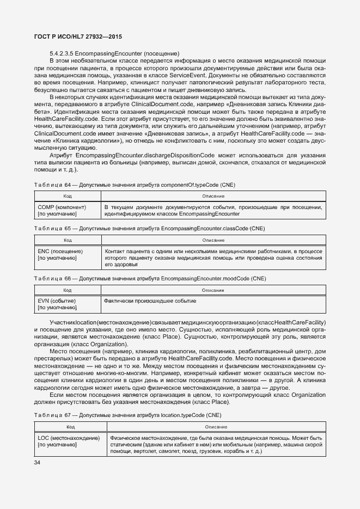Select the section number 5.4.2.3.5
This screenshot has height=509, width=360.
[62, 53]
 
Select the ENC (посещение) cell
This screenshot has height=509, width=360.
[60, 252]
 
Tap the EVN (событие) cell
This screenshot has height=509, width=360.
[57, 301]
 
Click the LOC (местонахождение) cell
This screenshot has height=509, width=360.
[69, 438]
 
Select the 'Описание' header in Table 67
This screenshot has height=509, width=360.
[216, 427]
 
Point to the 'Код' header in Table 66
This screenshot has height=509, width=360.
[68, 290]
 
